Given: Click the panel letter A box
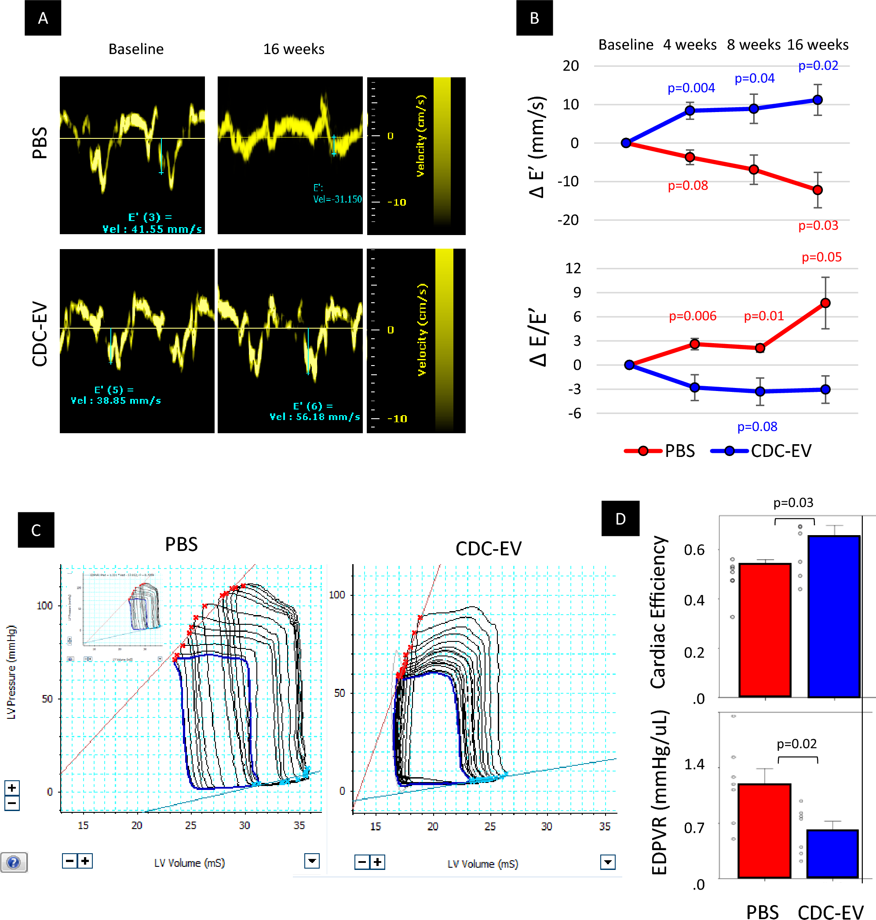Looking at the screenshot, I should (43, 18).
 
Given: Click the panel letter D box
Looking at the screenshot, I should (620, 518).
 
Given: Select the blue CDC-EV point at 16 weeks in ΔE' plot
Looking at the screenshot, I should (817, 100).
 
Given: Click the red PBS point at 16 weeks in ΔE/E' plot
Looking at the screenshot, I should (825, 303).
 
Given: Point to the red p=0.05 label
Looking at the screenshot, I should (821, 257).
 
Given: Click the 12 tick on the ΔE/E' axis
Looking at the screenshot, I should (573, 268).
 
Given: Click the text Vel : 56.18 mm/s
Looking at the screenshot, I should (315, 417).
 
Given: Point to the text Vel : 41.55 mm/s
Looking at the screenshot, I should (152, 229).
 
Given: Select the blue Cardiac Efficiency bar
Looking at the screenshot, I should (833, 616).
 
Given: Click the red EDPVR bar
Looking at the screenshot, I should (764, 830).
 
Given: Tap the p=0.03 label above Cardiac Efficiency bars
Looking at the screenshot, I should (793, 503).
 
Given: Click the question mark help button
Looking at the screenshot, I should (14, 862).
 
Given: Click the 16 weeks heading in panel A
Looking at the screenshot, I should (293, 49).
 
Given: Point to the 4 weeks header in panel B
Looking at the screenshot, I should (689, 45).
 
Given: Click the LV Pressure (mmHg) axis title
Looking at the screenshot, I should (11, 672).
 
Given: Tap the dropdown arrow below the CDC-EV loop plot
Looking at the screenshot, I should (607, 862).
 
